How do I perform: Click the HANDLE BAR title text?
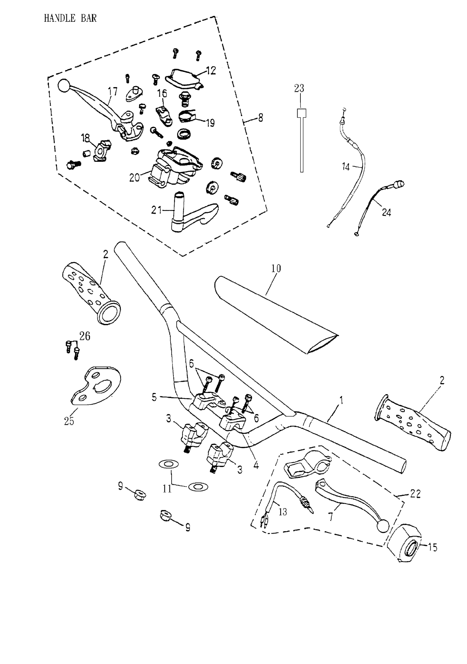click(70, 18)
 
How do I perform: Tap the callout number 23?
click(299, 88)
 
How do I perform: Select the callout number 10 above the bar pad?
click(276, 268)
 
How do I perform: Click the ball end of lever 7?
click(383, 526)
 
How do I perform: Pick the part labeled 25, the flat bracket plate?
click(93, 387)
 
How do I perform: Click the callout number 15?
click(432, 547)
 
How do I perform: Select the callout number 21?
click(156, 210)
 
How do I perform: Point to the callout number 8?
click(260, 118)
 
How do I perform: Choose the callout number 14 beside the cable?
click(346, 167)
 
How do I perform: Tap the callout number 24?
click(386, 213)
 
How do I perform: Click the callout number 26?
click(85, 336)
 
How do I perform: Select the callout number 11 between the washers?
click(167, 489)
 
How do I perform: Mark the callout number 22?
click(415, 494)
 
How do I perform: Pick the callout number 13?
click(282, 512)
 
